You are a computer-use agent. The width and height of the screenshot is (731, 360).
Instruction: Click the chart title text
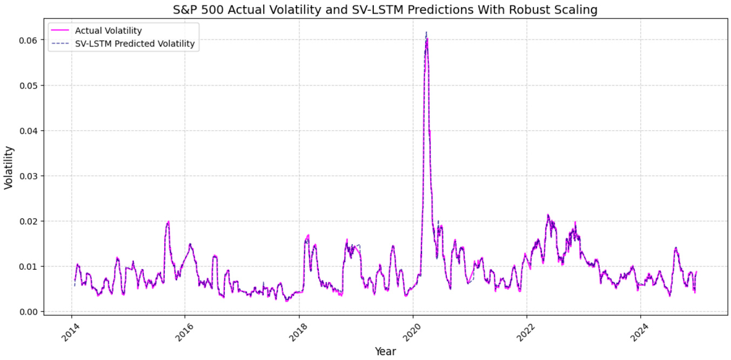pyautogui.click(x=385, y=10)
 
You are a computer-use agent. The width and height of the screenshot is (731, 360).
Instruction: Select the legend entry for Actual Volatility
pyautogui.click(x=108, y=31)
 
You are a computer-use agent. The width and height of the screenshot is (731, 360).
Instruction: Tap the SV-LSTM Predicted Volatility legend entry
pyautogui.click(x=135, y=44)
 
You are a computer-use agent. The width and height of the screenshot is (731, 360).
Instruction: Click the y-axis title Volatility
pyautogui.click(x=9, y=167)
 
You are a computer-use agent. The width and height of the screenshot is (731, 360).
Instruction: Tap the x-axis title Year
pyautogui.click(x=385, y=351)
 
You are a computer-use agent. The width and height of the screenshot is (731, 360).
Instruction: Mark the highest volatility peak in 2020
pyautogui.click(x=427, y=38)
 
